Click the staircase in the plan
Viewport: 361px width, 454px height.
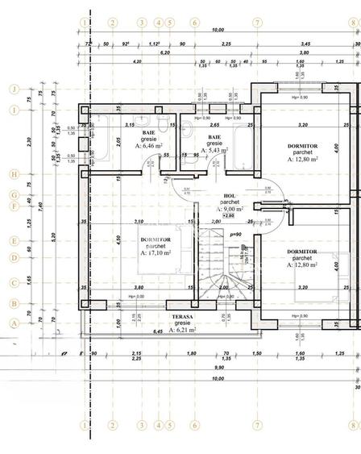point(215,266)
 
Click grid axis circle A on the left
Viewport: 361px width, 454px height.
point(14,321)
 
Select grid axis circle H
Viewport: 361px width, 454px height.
point(14,173)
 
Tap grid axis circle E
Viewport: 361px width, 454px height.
point(14,240)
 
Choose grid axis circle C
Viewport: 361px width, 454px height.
point(14,282)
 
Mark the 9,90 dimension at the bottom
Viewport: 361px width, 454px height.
point(218,367)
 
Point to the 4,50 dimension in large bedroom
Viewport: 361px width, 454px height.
point(118,239)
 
